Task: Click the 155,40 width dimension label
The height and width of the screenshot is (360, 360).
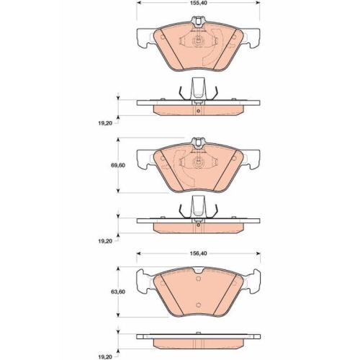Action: click(x=198, y=3)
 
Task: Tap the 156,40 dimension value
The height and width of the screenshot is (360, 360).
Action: click(x=198, y=253)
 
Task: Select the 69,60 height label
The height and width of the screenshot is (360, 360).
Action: click(x=118, y=166)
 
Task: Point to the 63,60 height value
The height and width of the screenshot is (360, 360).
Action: click(x=118, y=292)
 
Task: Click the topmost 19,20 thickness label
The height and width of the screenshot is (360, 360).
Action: click(x=105, y=123)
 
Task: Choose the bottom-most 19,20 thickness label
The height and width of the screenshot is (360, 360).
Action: click(x=105, y=357)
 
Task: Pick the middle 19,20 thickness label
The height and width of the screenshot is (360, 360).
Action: click(x=105, y=241)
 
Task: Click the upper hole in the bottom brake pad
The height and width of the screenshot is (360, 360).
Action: click(x=198, y=279)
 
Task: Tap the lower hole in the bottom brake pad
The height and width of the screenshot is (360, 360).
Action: click(x=198, y=305)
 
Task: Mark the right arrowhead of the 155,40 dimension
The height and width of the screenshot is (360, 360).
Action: click(x=258, y=3)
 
